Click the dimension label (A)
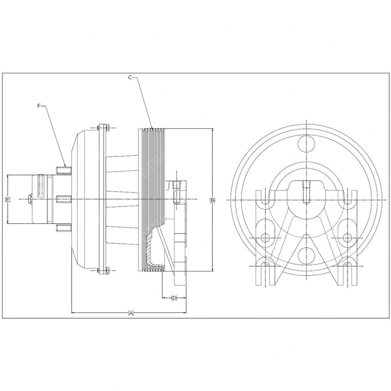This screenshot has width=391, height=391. coord(131,313)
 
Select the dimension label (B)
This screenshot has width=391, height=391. coord(212,200)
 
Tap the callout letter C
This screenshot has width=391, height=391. coord(130,78)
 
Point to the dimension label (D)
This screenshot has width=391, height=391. coord(174,298)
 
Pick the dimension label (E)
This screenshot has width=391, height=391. coord(8,199)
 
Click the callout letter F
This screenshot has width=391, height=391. coord(39,106)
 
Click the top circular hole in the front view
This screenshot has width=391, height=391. coord(306,143)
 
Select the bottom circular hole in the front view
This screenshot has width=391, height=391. coord(306,256)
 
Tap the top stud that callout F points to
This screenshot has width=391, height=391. coord(64,171)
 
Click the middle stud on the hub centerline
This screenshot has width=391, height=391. coord(64,199)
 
